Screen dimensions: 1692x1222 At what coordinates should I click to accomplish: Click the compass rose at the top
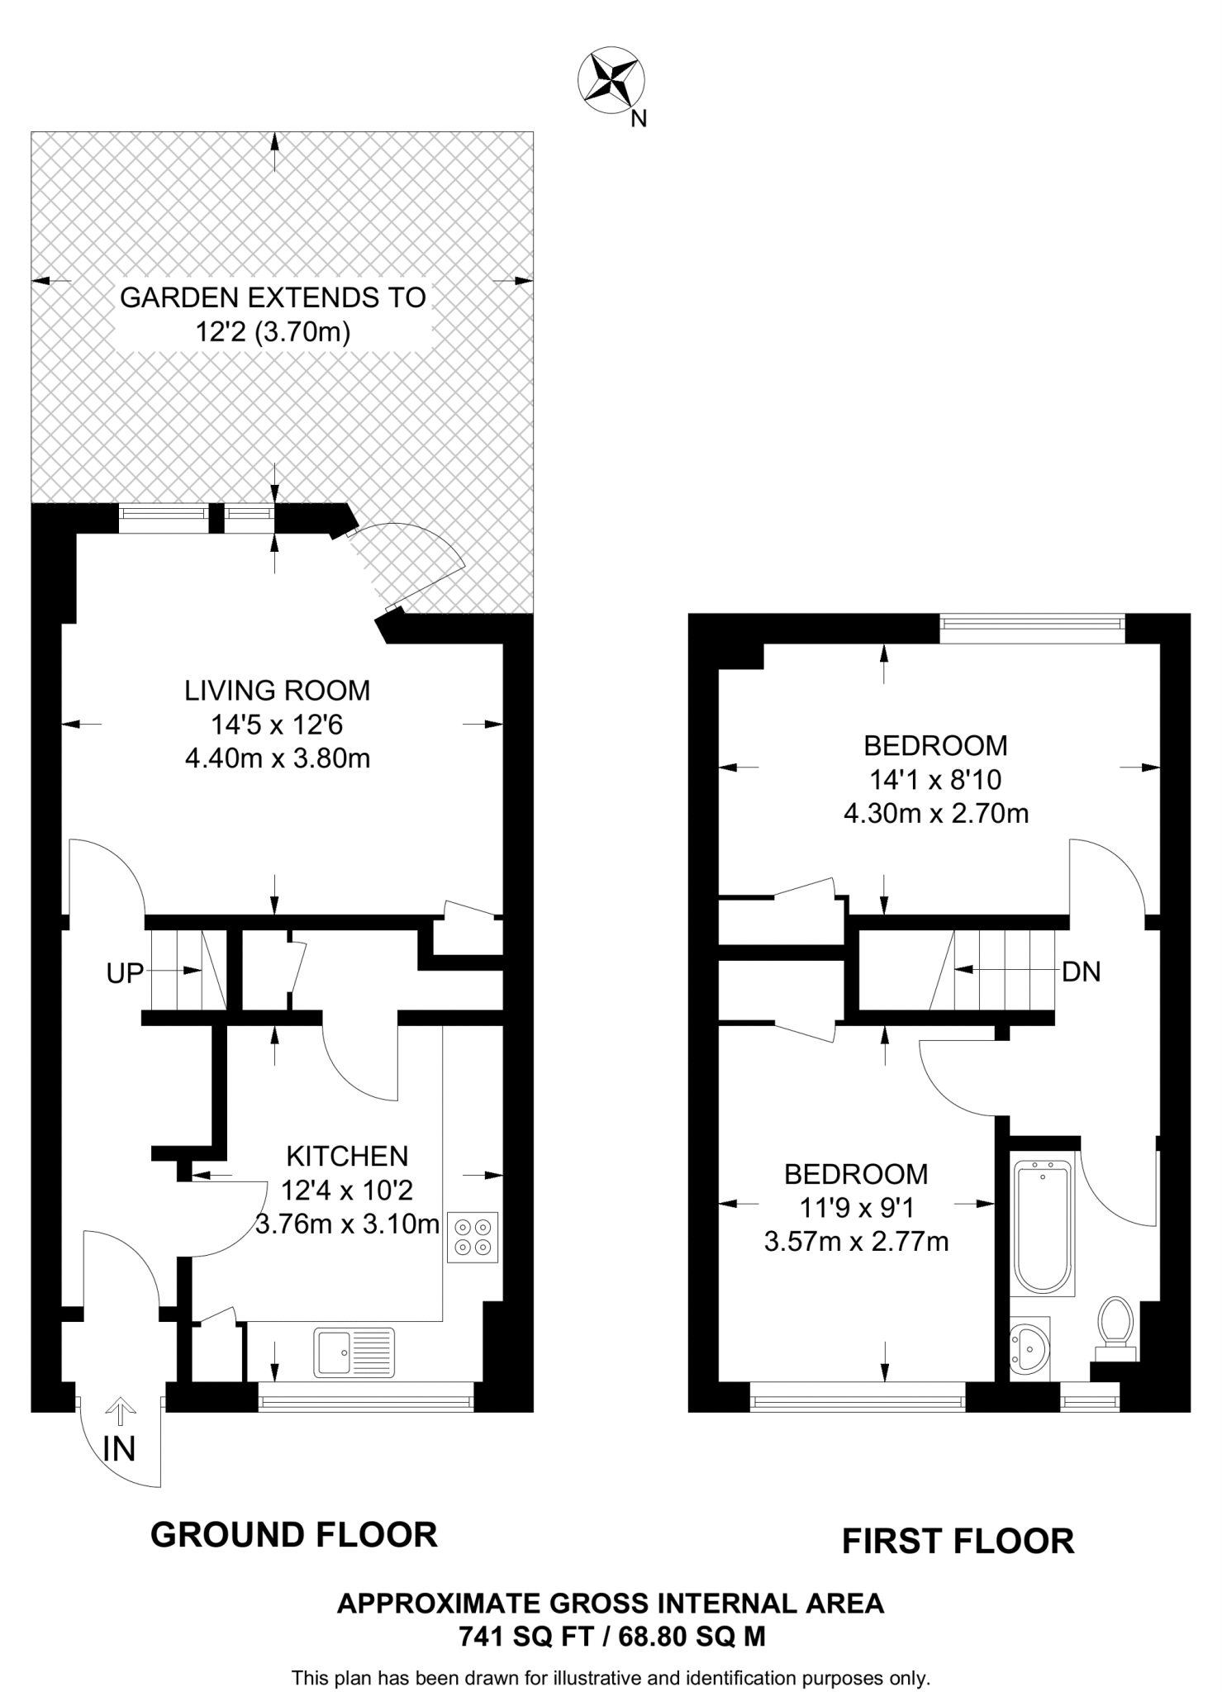(x=611, y=80)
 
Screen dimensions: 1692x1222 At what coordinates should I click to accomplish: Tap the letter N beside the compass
(x=638, y=119)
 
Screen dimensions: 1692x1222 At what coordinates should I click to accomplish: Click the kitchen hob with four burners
(x=473, y=1237)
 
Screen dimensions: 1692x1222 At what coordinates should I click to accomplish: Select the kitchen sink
(x=354, y=1352)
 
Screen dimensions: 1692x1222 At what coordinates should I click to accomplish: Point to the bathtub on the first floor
(x=1043, y=1227)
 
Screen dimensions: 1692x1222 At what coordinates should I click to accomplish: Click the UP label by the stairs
(x=125, y=974)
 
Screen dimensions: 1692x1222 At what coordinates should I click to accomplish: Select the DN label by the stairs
(x=1081, y=972)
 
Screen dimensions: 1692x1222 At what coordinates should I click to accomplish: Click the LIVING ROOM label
(x=277, y=691)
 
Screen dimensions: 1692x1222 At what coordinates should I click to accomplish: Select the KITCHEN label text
(x=347, y=1156)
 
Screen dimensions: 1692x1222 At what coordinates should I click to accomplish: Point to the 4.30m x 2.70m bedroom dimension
(x=935, y=814)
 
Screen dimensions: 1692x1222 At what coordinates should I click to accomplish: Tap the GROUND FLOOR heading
(x=293, y=1535)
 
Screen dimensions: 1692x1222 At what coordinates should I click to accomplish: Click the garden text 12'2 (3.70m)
(x=273, y=332)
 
